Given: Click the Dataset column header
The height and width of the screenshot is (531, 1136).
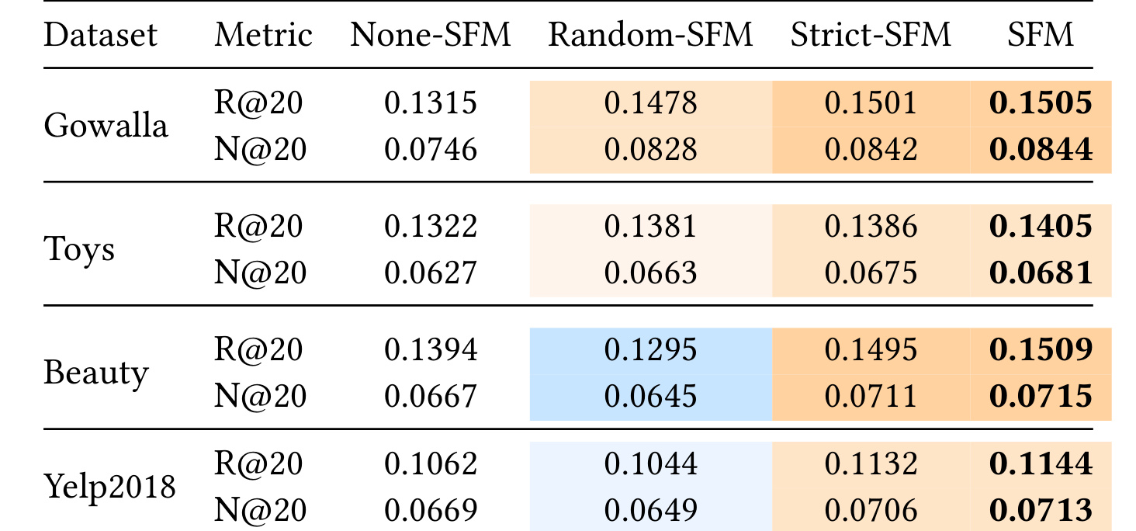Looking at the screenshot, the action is point(100,34).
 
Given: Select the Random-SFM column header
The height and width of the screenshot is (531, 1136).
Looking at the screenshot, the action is point(650,34).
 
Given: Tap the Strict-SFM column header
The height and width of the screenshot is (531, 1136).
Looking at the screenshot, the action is point(871,34).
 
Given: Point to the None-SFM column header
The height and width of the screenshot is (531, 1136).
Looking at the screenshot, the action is point(430,34).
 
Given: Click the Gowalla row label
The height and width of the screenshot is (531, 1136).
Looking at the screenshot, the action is point(106,125).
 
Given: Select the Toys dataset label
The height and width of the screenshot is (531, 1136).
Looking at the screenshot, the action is point(79,249).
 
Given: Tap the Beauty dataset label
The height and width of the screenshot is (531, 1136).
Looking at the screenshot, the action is point(96,373).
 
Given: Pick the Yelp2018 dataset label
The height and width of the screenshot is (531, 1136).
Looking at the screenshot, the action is point(109,487).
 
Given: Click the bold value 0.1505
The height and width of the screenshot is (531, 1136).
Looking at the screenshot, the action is point(1040,102).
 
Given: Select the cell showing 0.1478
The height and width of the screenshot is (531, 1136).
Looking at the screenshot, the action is point(650,102).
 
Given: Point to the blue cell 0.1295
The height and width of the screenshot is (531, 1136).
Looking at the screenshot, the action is point(650,349).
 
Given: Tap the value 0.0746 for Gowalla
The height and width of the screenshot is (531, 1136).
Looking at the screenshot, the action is point(430,149).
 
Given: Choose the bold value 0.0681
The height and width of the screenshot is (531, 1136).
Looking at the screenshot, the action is point(1040,272).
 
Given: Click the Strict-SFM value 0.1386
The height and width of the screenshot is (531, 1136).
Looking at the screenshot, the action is point(871,226).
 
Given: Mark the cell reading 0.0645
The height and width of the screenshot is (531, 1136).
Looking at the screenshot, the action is point(650,396).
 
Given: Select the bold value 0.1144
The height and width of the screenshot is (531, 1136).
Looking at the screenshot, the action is point(1040,463).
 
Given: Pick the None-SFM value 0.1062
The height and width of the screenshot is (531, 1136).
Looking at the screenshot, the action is point(430,463).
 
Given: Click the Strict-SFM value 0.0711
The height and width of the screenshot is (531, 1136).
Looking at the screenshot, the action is point(871,396).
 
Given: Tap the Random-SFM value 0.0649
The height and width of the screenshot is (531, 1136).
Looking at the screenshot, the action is point(650,510).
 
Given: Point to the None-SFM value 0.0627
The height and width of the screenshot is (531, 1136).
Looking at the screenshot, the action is point(430,272).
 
